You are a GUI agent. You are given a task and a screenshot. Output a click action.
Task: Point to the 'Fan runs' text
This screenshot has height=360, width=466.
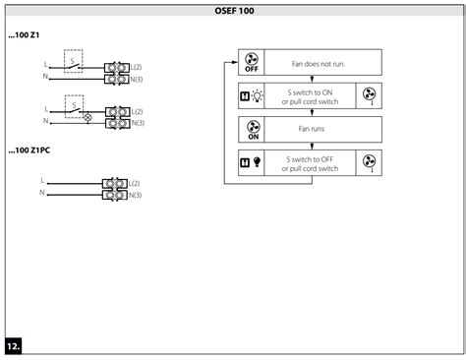point(311,128)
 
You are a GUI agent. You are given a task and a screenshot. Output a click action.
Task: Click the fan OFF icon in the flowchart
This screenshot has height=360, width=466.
point(252,64)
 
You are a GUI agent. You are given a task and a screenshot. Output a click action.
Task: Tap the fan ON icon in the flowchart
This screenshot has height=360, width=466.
point(252,128)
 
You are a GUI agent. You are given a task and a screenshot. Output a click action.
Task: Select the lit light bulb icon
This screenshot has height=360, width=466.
point(259,95)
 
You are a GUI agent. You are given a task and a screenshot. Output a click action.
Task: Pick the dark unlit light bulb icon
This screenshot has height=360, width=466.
point(259,160)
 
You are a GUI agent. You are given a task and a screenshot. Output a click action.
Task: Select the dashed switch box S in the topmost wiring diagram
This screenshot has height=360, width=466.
point(72,61)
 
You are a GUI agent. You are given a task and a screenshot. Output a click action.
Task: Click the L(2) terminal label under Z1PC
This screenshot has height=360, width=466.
point(135,184)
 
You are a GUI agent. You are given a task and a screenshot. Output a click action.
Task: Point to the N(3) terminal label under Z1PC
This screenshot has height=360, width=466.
point(135,196)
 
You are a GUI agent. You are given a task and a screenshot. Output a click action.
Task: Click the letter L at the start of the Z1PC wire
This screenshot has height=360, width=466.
point(41,182)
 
